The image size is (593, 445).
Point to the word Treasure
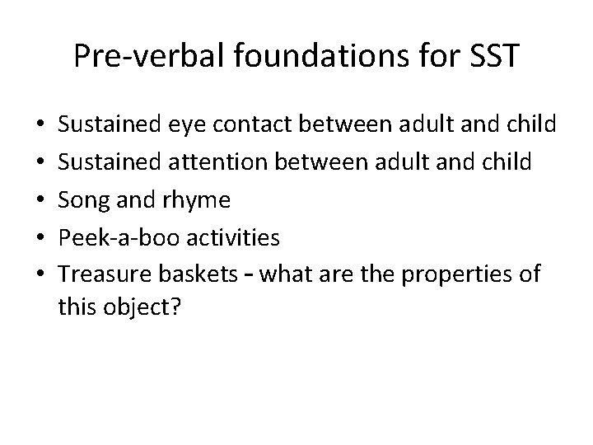pyautogui.click(x=98, y=274)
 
